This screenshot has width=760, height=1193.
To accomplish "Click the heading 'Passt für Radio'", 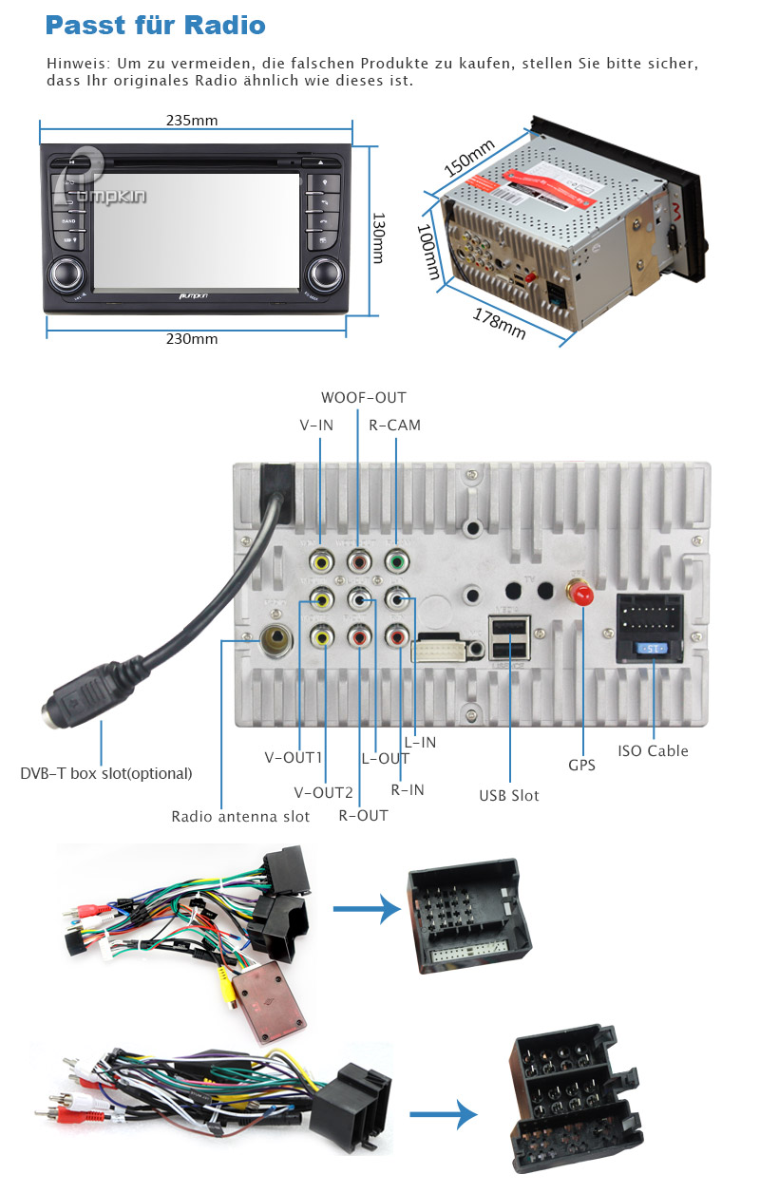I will [155, 26].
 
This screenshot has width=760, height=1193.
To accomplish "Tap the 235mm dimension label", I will [192, 121].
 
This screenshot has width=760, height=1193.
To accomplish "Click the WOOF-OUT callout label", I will [363, 397].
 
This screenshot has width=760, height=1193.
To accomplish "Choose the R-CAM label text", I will [395, 425].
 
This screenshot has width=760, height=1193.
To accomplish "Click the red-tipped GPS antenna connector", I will [579, 593].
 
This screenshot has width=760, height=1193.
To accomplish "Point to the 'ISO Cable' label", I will [653, 750].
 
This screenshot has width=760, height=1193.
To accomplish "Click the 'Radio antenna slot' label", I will [240, 816].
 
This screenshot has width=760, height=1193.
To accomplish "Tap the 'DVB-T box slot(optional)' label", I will [106, 773].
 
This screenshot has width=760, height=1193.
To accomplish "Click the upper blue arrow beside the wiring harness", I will [366, 909].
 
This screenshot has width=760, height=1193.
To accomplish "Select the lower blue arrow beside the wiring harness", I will [442, 1113].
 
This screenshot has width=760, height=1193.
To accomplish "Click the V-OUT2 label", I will [323, 792].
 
